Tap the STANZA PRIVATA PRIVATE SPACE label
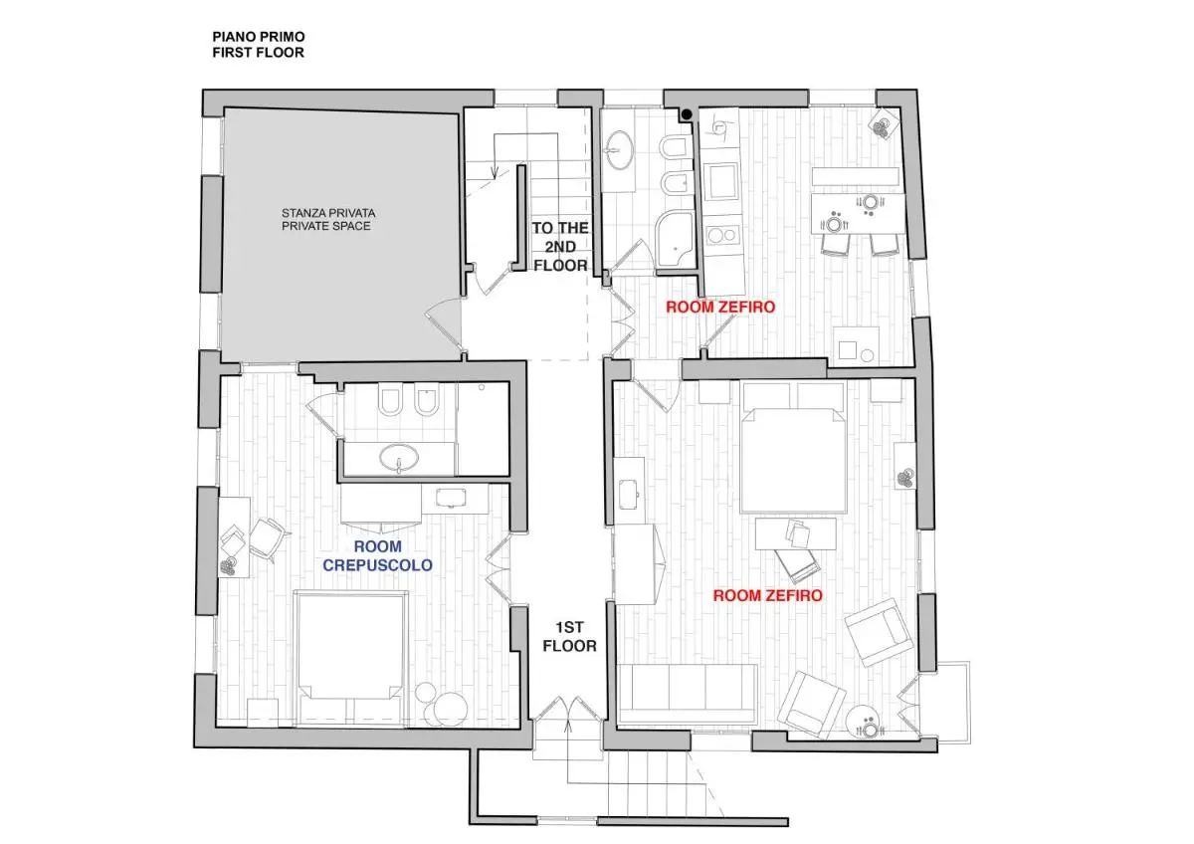pyautogui.click(x=328, y=219)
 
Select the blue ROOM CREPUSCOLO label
pyautogui.click(x=377, y=555)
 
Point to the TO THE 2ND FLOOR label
pyautogui.click(x=560, y=246)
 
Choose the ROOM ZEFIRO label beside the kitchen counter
pyautogui.click(x=719, y=307)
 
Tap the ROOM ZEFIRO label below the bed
pyautogui.click(x=768, y=595)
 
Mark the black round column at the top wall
pyautogui.click(x=687, y=115)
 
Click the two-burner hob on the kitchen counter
pyautogui.click(x=720, y=237)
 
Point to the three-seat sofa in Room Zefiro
pyautogui.click(x=687, y=693)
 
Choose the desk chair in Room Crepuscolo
pyautogui.click(x=267, y=538)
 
